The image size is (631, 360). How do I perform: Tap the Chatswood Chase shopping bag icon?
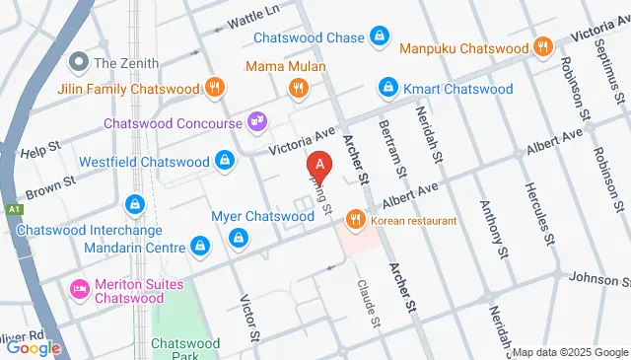coord(379,37)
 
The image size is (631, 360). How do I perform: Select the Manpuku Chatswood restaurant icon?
coord(541,46)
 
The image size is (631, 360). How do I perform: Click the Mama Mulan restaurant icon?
coord(298,90)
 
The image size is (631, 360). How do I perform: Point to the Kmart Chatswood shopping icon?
coord(389,89)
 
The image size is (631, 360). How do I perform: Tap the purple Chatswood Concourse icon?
coord(257,121)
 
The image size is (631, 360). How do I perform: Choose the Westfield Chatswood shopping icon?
coord(226,161)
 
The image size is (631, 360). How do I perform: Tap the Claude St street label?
coord(368,302)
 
